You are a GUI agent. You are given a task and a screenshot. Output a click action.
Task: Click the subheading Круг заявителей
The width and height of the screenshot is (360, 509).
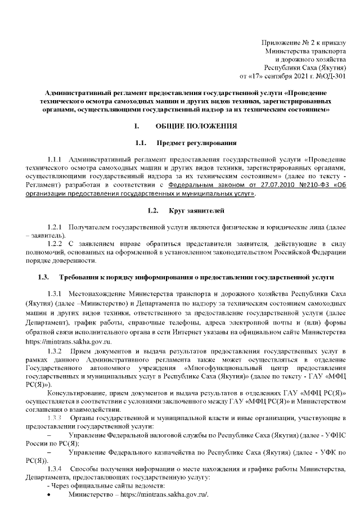[x=197, y=211]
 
